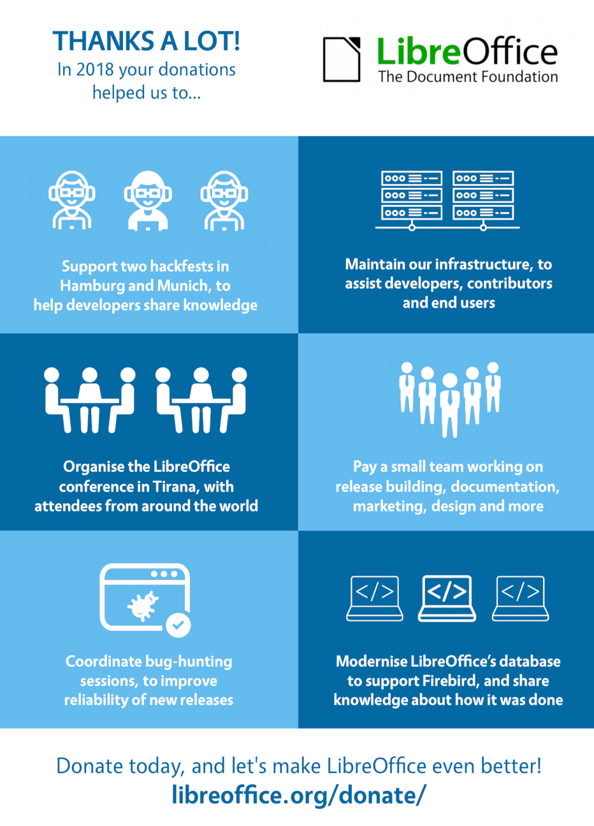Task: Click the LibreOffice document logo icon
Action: click(341, 59)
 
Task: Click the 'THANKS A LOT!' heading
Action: click(147, 41)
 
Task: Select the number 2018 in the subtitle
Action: click(95, 69)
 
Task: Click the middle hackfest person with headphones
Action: click(148, 201)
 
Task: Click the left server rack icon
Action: click(412, 196)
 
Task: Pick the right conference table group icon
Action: click(201, 400)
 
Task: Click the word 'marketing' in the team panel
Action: click(388, 507)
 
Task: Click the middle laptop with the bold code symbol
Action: click(447, 598)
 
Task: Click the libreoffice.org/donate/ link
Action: click(299, 795)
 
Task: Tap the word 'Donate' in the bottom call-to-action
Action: click(90, 766)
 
